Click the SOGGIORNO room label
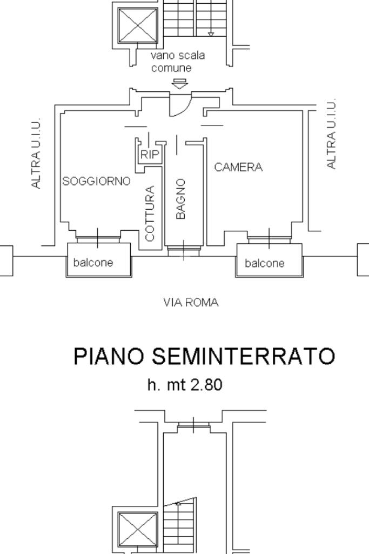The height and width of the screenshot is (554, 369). (x=97, y=181)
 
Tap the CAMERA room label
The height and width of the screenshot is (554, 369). (x=238, y=167)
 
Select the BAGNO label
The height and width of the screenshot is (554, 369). (x=181, y=199)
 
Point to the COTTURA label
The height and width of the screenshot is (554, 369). (x=150, y=213)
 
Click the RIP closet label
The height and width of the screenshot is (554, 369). (x=150, y=155)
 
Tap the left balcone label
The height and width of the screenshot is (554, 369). (x=93, y=263)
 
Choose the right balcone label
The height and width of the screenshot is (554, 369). (x=265, y=263)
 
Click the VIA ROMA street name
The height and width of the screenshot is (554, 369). (x=191, y=303)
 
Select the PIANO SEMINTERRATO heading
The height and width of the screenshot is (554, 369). (x=204, y=356)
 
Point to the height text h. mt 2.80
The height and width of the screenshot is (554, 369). (x=185, y=385)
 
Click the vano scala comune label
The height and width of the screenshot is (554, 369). (x=178, y=62)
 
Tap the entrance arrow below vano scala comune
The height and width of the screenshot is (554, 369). (x=179, y=83)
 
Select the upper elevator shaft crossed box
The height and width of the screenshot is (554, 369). (x=137, y=25)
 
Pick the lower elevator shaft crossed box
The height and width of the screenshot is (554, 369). (x=137, y=529)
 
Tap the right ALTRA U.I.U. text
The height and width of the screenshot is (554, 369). (x=332, y=134)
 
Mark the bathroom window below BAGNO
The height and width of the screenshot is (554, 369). (x=183, y=250)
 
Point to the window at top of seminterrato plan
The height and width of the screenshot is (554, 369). (x=193, y=426)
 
